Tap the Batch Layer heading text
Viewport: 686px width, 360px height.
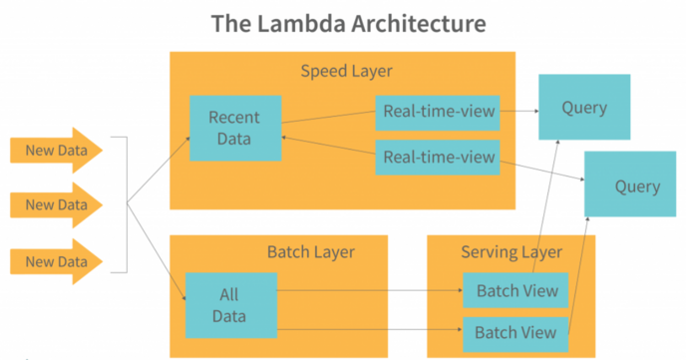coord(311,251)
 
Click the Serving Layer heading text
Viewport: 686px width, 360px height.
coord(512,251)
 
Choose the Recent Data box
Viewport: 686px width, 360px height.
coord(234,129)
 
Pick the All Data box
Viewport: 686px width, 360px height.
coord(230,305)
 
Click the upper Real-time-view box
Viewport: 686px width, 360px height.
coord(437,112)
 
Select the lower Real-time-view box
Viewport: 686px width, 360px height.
coord(437,157)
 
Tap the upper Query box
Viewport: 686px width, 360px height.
coord(583,107)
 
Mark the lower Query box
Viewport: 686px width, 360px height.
coord(635,185)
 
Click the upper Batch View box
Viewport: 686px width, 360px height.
coord(514,290)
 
